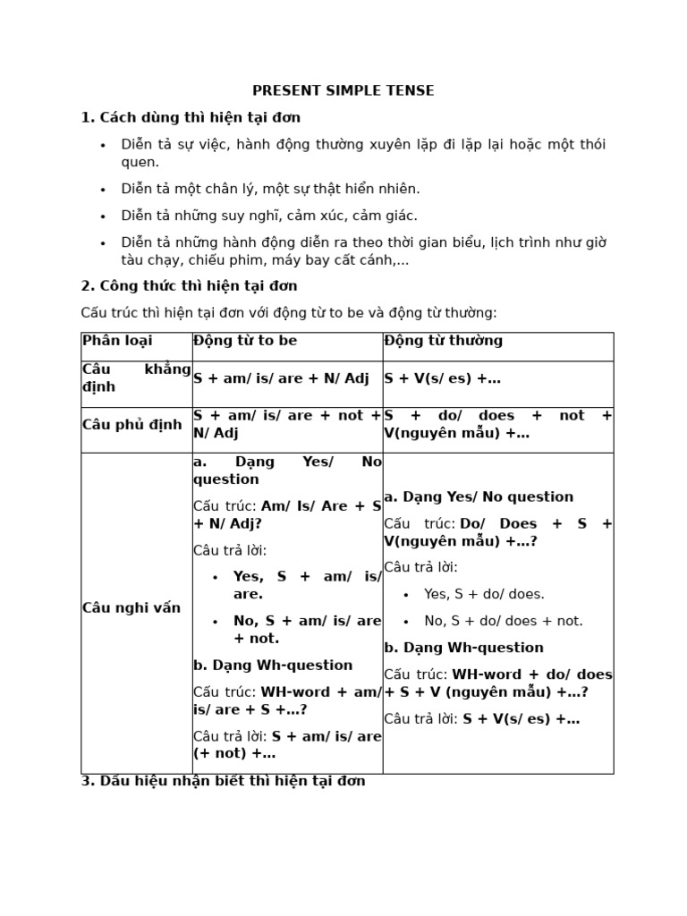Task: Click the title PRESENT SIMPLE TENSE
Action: click(x=343, y=90)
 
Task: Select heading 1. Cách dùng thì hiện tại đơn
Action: click(x=191, y=117)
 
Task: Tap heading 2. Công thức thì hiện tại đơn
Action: click(x=189, y=285)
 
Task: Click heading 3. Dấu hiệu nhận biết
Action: click(x=223, y=781)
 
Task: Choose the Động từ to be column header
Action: click(x=245, y=341)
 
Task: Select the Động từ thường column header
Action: click(x=444, y=341)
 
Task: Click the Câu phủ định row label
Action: click(x=131, y=425)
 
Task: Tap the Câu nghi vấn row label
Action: click(x=131, y=608)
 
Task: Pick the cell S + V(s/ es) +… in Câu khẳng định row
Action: click(x=442, y=378)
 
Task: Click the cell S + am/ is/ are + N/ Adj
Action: click(x=281, y=378)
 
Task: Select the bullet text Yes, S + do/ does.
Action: click(x=484, y=594)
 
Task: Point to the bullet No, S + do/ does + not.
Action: click(x=504, y=621)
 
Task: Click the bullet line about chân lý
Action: click(x=270, y=189)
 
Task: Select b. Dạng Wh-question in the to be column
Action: click(x=273, y=666)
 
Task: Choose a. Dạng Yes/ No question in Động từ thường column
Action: click(x=479, y=497)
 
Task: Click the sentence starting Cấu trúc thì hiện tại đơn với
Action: click(x=288, y=312)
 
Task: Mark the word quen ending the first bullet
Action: click(x=140, y=162)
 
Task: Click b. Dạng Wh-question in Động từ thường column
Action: click(x=463, y=648)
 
